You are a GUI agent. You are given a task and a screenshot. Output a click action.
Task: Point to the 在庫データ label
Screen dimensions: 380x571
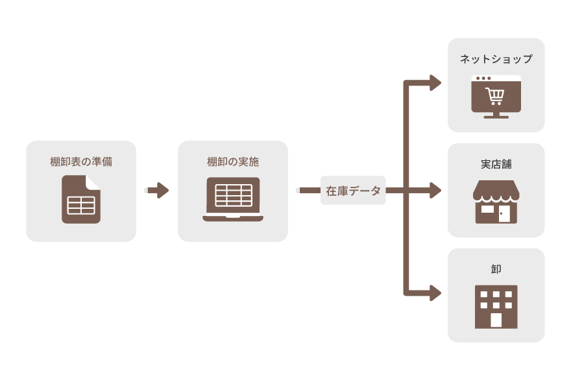[353, 191]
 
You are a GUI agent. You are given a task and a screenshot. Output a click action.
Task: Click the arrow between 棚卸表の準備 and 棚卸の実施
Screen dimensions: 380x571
[158, 191]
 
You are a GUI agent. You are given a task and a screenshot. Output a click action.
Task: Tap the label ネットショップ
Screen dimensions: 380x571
[496, 59]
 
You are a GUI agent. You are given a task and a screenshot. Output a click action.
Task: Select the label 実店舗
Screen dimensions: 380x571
[496, 163]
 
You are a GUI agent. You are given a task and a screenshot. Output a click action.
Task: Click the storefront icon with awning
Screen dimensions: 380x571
[496, 202]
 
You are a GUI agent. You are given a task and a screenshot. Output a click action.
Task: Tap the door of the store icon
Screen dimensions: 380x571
[504, 213]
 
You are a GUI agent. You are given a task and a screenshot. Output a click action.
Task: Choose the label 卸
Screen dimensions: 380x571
[496, 268]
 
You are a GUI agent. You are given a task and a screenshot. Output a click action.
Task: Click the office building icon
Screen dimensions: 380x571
[496, 306]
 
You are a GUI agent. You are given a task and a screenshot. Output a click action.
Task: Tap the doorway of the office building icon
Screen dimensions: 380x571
[496, 320]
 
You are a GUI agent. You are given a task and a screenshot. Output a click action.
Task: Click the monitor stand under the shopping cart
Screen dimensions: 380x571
[496, 115]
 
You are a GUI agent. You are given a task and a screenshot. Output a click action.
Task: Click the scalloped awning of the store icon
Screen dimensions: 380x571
[496, 192]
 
